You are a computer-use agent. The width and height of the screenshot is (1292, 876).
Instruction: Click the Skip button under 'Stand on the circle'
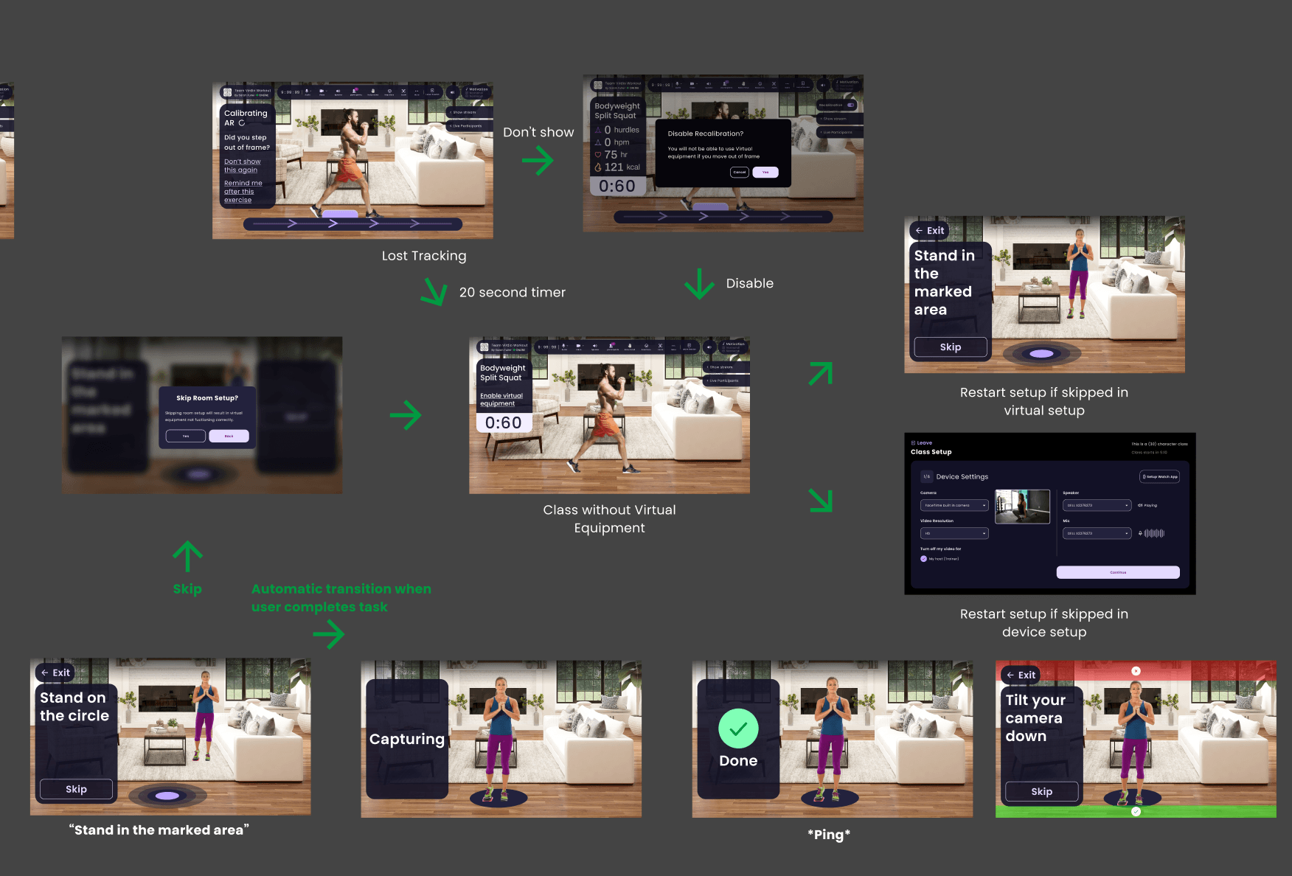76,789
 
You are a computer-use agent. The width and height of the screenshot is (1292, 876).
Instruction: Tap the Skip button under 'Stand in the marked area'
950,347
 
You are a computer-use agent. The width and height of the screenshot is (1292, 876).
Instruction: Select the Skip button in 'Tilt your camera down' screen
1041,792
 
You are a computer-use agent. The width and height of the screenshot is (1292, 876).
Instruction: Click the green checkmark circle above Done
738,729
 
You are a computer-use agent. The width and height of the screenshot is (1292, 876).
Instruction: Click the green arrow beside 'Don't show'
538,160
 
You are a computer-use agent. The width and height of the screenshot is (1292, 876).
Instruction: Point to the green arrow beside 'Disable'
698,284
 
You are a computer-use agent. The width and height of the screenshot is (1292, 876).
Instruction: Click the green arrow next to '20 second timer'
434,291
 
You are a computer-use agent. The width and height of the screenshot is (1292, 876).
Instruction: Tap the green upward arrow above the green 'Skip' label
187,556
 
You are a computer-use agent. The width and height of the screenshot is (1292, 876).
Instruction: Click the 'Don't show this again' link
242,166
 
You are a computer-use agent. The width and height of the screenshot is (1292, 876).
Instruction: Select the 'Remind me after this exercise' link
243,192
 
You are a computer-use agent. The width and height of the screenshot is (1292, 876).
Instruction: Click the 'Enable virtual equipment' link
501,400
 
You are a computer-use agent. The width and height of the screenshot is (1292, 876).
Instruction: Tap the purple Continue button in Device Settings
1117,572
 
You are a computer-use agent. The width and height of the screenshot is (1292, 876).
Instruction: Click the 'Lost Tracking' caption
424,256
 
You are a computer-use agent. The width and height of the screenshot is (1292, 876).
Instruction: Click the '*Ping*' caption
829,835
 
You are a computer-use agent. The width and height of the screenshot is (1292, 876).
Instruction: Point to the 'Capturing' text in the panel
407,739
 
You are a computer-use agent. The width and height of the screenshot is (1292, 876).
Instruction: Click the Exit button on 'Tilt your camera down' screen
1021,675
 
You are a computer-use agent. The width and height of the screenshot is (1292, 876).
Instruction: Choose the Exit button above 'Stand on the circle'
55,672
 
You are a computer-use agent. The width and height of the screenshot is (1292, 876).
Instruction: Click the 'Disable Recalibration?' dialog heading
705,133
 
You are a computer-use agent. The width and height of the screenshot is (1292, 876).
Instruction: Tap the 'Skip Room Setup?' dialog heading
207,398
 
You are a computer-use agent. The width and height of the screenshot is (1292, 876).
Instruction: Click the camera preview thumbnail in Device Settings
1022,507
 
